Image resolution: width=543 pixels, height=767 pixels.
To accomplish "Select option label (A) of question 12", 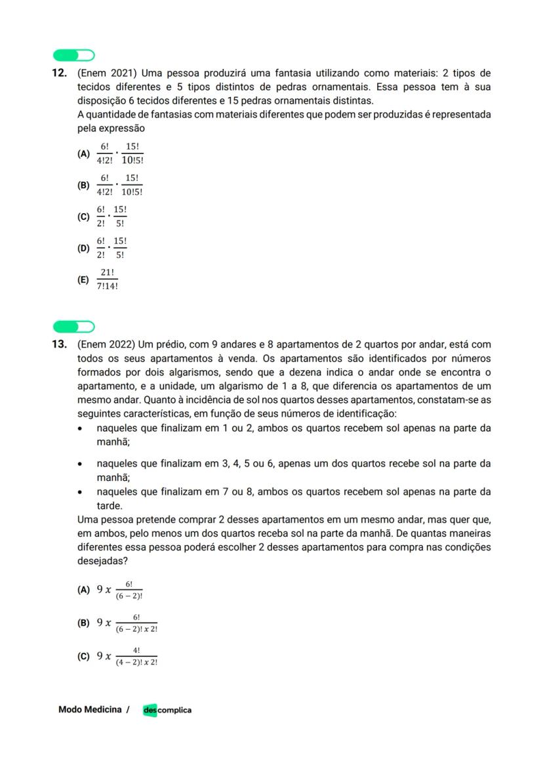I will click(x=83, y=154).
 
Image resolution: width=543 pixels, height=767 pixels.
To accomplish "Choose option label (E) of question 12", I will click(x=83, y=280).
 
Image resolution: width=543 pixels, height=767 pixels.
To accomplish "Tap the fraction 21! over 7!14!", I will click(x=108, y=280).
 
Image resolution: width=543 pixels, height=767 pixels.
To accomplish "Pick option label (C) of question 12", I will click(x=83, y=217).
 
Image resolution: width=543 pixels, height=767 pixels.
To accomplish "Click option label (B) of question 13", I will click(x=83, y=623).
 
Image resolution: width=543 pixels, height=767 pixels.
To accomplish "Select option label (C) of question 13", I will click(x=83, y=656).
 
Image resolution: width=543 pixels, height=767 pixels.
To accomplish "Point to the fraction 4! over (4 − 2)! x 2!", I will click(x=136, y=656).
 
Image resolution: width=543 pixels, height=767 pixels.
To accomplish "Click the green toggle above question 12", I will click(x=73, y=55).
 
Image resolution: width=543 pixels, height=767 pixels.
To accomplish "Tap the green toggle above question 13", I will click(x=73, y=327).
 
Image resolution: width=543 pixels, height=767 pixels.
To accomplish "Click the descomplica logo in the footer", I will click(x=167, y=710).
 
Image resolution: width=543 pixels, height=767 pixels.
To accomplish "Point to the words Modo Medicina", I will click(x=90, y=709).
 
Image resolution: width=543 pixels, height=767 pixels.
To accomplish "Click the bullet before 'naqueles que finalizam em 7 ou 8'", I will click(x=80, y=492).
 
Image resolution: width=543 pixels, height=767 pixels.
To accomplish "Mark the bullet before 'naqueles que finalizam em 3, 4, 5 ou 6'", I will click(x=80, y=464).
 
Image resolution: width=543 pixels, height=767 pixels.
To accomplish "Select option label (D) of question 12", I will click(x=83, y=248).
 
